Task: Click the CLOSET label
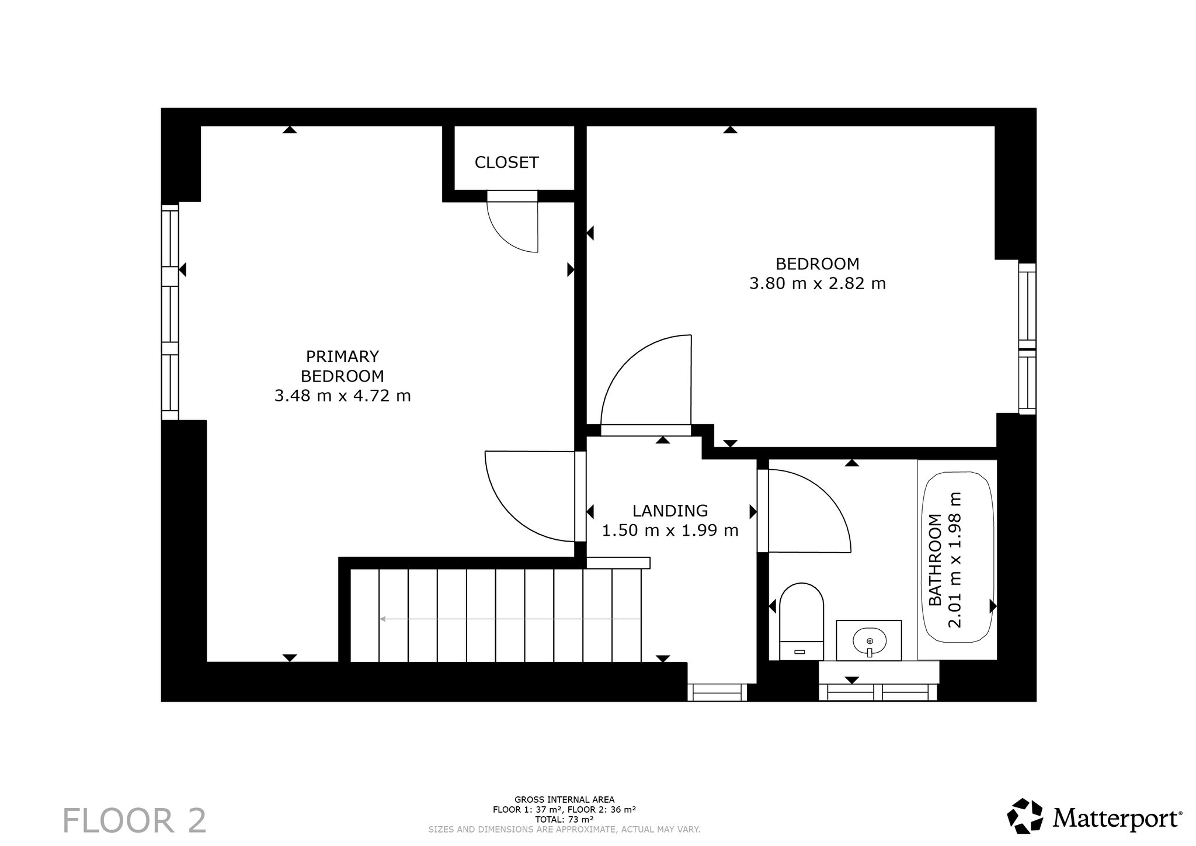click(506, 162)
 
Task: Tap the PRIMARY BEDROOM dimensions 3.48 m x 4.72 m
click(342, 396)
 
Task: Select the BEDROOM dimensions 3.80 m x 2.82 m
click(817, 284)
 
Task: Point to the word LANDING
click(670, 511)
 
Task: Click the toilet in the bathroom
click(801, 621)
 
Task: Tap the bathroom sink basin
click(869, 641)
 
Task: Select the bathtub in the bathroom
click(957, 560)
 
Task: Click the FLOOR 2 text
click(134, 821)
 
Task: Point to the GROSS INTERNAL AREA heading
click(564, 800)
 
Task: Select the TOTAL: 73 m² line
click(564, 820)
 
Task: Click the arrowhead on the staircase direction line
click(383, 618)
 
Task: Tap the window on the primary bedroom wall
click(170, 312)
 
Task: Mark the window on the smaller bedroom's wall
click(1027, 339)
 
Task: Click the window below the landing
click(717, 692)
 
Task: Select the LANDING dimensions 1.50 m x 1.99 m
click(670, 531)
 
